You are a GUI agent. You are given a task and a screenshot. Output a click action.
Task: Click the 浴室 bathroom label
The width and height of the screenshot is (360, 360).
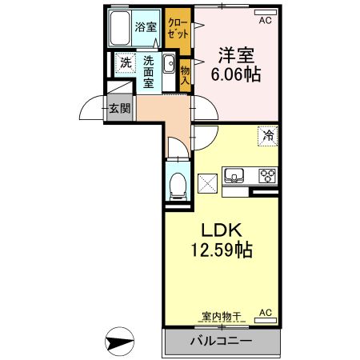tap(146, 26)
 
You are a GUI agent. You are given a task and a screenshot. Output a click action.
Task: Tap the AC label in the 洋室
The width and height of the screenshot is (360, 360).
tap(265, 21)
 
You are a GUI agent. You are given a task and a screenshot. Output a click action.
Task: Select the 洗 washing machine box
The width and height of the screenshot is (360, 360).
tap(125, 63)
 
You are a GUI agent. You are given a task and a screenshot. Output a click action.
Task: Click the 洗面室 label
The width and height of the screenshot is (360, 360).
tap(150, 71)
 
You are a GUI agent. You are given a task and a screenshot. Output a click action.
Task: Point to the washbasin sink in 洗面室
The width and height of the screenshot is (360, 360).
tap(169, 66)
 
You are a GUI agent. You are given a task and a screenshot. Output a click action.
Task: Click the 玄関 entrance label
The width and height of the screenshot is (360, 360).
tap(120, 108)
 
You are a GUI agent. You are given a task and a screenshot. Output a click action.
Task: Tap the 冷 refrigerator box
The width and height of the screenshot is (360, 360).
tap(267, 136)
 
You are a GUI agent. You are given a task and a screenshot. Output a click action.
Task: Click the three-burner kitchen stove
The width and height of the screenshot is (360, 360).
tap(266, 176)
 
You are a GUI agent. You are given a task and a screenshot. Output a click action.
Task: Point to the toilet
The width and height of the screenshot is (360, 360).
tap(178, 185)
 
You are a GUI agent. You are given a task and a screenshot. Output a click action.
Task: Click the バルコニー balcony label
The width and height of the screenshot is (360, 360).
tap(221, 342)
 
